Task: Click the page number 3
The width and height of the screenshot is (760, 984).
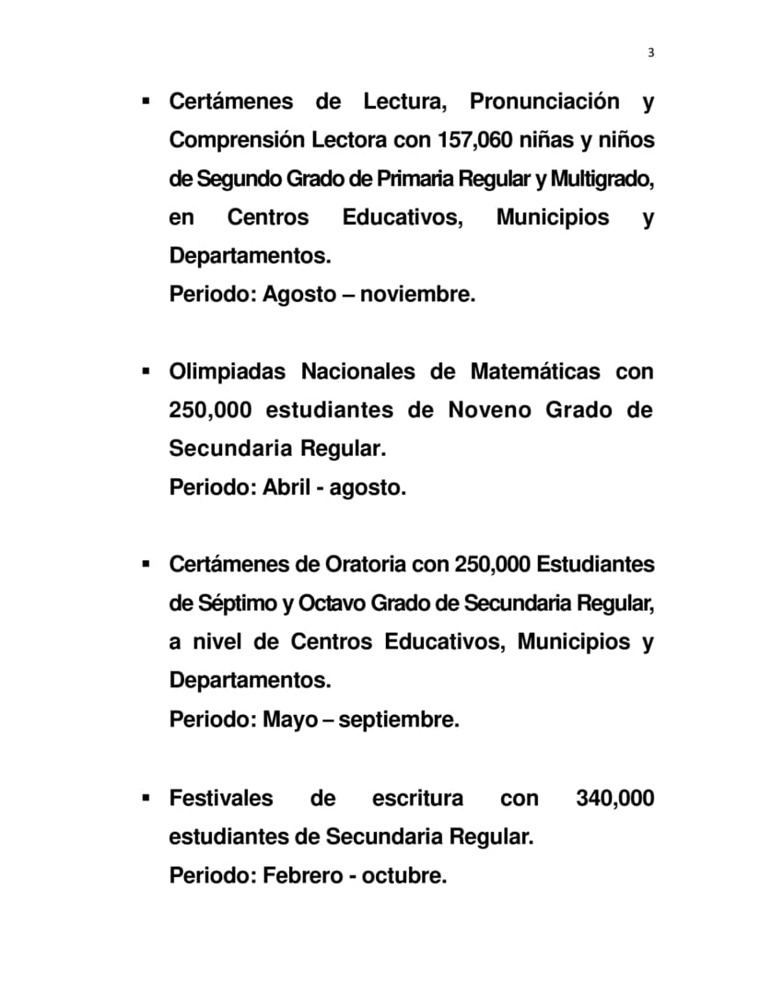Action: click(650, 53)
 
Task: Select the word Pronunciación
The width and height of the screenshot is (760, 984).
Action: click(544, 101)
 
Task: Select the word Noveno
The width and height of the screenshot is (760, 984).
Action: click(489, 411)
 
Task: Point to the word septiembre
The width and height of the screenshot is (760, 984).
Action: click(398, 720)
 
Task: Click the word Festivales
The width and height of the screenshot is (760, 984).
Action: click(221, 798)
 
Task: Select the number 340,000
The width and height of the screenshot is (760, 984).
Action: click(614, 798)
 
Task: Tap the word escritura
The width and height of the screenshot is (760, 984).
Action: click(417, 798)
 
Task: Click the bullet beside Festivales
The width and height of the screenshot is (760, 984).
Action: click(146, 796)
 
